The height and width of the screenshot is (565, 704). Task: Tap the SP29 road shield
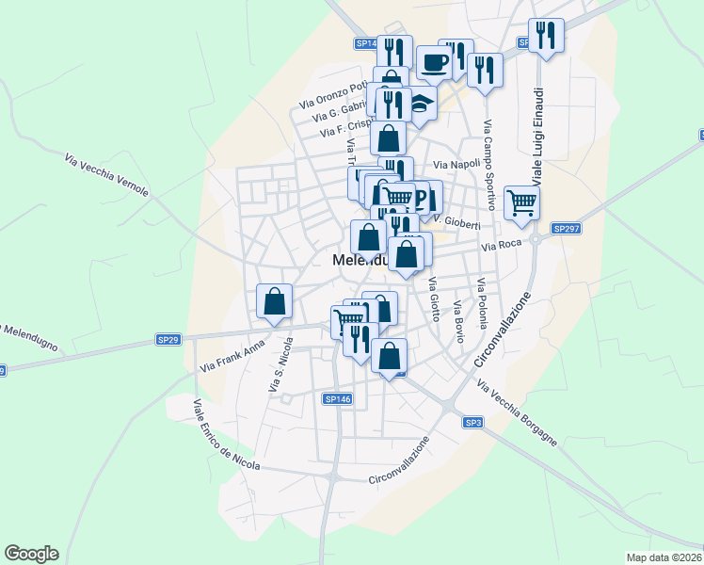168,339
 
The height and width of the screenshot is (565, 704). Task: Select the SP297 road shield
565,229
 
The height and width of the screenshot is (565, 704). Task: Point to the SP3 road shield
473,424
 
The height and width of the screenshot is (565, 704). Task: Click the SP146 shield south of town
337,399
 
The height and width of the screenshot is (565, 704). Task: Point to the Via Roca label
501,247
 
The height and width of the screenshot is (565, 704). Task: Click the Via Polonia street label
481,303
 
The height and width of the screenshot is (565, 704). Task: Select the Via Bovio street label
459,321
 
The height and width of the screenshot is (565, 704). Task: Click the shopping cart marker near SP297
521,202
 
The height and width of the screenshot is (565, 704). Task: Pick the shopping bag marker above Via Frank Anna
274,302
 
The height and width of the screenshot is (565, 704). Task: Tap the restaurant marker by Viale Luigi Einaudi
546,36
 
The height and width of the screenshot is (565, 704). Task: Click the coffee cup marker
434,62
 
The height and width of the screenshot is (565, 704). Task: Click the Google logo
31,554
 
